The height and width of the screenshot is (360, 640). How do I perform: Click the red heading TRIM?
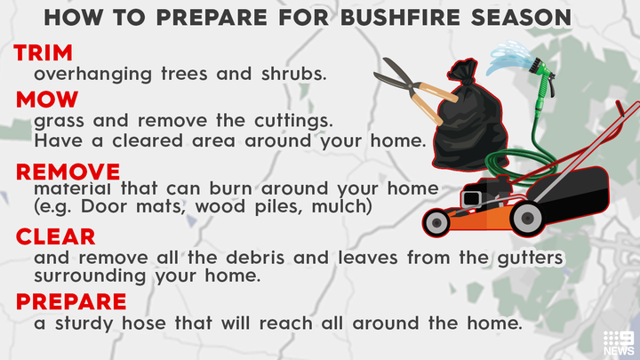coord(44,52)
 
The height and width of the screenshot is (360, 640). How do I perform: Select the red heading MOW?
coord(47,100)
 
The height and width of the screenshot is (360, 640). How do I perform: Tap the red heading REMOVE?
coord(68,171)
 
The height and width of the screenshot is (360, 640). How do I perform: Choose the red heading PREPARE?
coord(71,302)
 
